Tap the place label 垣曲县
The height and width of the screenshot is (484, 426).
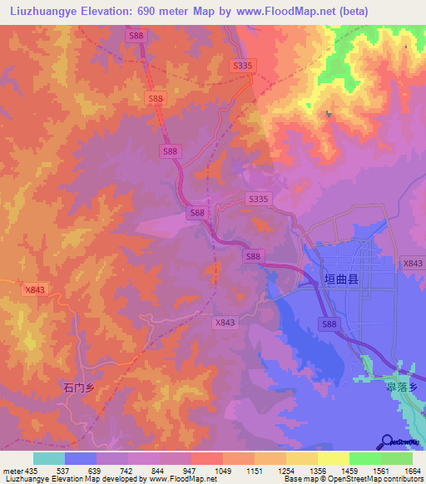click(x=340, y=282)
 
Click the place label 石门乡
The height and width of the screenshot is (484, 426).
click(x=80, y=387)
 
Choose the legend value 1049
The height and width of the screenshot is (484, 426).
click(x=221, y=471)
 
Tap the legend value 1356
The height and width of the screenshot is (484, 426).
click(x=317, y=471)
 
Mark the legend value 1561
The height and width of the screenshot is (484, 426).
click(x=380, y=471)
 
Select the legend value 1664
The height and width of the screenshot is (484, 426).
click(x=412, y=471)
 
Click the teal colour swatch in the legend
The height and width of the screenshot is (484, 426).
click(x=48, y=458)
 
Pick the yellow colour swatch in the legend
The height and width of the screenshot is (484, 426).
click(x=333, y=458)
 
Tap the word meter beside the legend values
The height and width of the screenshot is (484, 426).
click(x=12, y=471)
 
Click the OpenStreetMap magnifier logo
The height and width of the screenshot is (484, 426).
click(x=388, y=442)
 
